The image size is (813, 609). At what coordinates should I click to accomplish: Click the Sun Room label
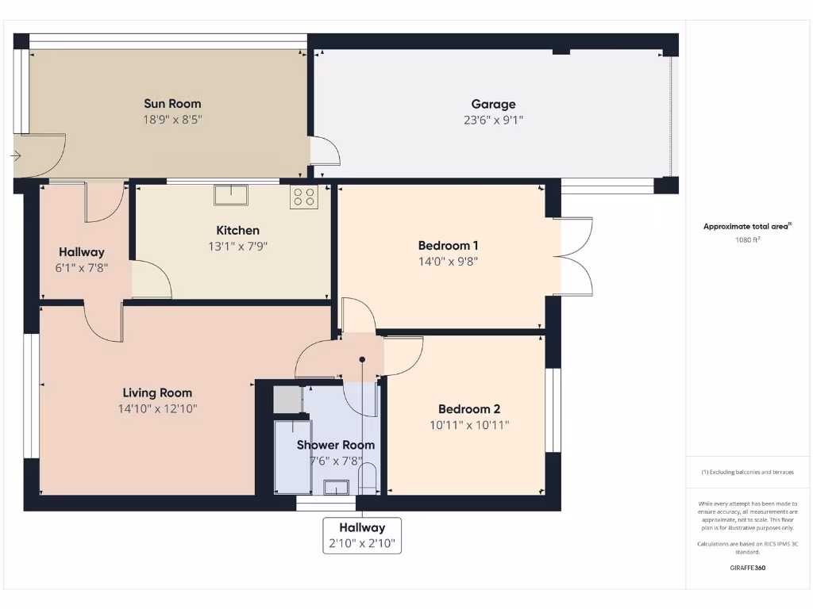click(172, 103)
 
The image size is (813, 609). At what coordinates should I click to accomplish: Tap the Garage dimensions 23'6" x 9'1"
click(493, 120)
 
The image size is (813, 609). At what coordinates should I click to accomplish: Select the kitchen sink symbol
click(231, 194)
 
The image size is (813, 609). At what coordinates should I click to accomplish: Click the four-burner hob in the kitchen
click(304, 197)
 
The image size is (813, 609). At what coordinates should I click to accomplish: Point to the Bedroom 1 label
click(448, 245)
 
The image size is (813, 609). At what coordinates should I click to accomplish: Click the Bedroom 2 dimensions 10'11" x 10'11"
click(468, 425)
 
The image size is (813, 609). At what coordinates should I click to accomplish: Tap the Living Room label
click(157, 393)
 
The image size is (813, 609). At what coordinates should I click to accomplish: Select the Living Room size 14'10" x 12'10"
click(157, 409)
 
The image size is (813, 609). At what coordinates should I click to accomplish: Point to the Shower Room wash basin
click(336, 487)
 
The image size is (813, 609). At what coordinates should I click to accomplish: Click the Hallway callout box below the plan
click(362, 535)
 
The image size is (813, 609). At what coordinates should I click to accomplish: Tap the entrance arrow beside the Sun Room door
click(15, 156)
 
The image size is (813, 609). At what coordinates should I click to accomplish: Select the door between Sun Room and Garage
click(324, 151)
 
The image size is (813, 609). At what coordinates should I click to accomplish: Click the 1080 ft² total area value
click(747, 239)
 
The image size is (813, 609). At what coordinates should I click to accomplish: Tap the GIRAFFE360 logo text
click(747, 568)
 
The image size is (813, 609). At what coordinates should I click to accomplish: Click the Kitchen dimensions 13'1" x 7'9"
click(232, 247)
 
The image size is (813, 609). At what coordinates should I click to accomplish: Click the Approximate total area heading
click(747, 226)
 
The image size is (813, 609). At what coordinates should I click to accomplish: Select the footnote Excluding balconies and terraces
click(747, 472)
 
